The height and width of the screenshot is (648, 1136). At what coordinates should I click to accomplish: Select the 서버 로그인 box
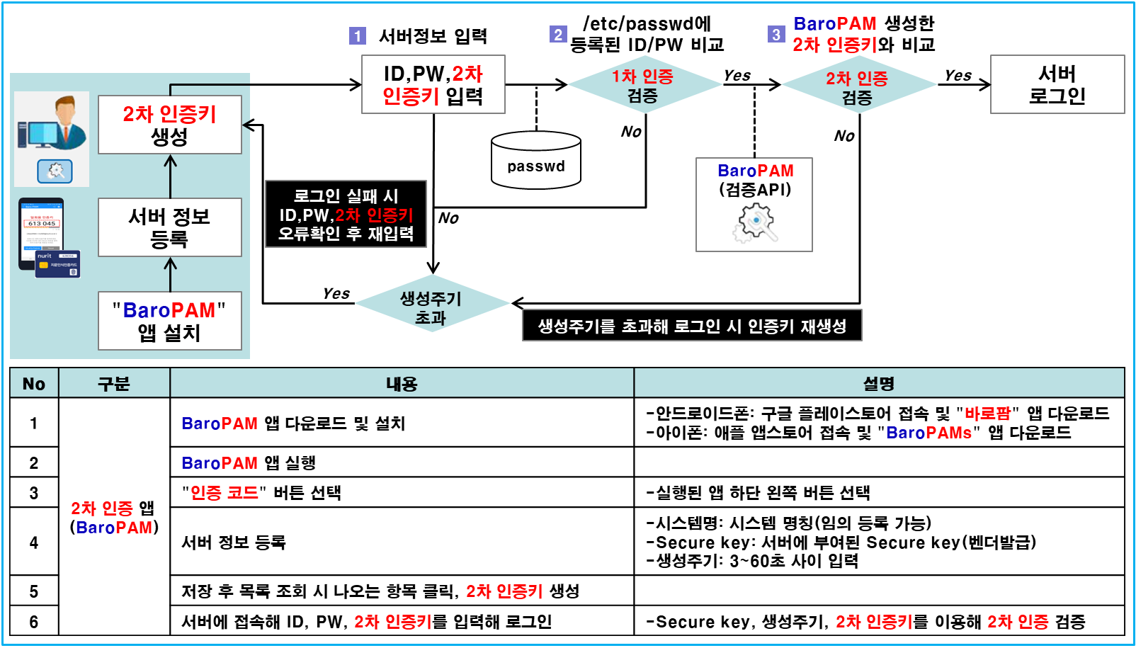tap(1057, 84)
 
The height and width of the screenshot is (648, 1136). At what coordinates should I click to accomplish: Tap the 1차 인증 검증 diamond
tap(643, 85)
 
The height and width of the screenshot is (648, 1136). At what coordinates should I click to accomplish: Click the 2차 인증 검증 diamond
tap(858, 87)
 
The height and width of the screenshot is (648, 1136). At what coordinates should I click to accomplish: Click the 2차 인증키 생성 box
tap(170, 125)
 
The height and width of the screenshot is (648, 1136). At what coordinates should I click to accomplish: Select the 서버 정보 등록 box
tap(170, 227)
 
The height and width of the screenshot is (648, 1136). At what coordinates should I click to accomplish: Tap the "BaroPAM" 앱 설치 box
tap(170, 321)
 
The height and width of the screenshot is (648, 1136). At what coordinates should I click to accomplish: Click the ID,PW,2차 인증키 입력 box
tap(433, 84)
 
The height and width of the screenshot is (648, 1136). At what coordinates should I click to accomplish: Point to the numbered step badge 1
tap(358, 35)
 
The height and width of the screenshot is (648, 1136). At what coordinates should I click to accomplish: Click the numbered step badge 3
tap(776, 34)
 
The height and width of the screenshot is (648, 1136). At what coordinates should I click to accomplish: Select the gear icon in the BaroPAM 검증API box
tap(755, 222)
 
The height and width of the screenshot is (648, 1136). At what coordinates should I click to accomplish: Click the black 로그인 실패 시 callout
tap(346, 214)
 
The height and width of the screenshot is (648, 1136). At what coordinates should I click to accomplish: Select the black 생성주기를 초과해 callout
tap(692, 326)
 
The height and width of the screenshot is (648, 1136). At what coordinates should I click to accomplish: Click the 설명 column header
tap(878, 383)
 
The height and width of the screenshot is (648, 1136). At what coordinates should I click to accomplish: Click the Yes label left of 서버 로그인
tap(958, 75)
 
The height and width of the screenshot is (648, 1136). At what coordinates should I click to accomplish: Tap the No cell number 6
tap(34, 621)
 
